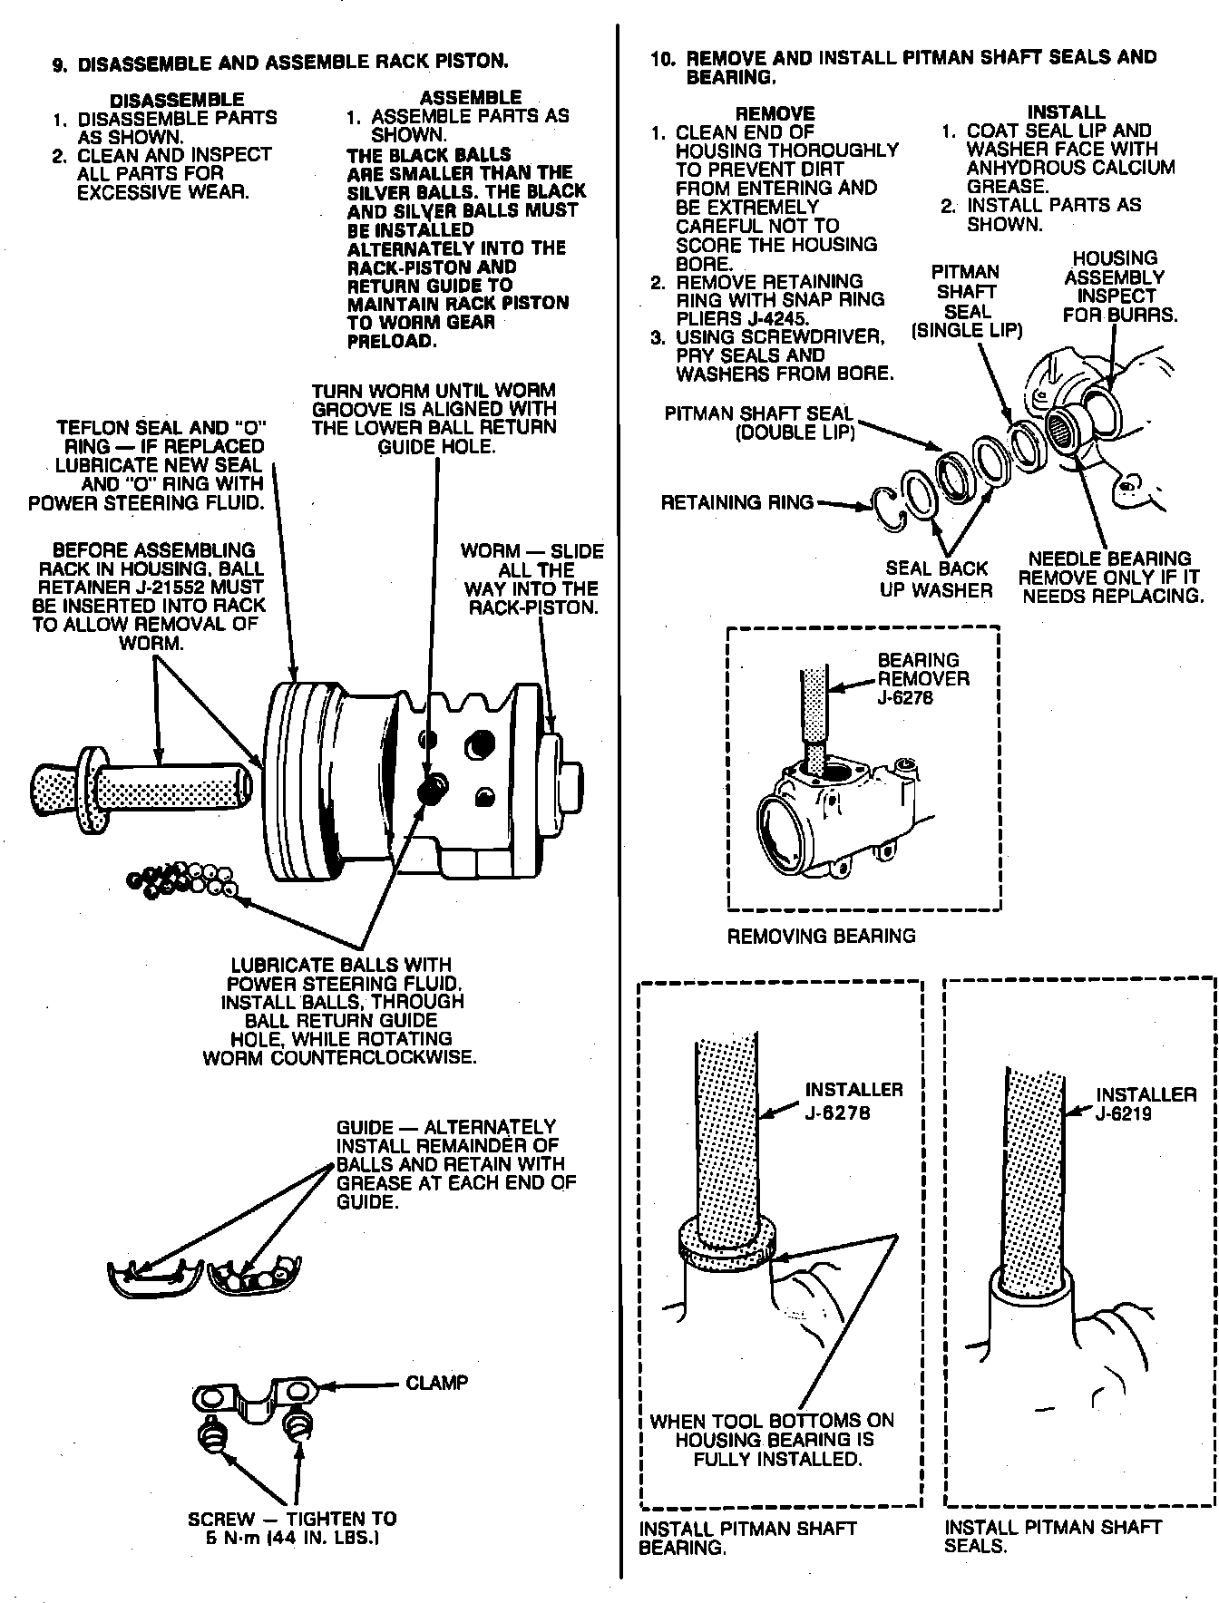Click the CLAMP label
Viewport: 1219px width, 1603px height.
437,1383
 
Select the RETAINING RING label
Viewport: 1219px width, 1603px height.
736,502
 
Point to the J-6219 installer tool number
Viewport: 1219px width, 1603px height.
1124,1113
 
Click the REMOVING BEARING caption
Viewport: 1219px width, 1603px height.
821,936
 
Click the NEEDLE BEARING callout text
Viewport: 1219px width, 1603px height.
1110,559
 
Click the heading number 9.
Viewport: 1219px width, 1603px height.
59,63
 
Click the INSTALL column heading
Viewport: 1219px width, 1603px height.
1066,112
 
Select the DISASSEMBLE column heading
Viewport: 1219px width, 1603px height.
176,100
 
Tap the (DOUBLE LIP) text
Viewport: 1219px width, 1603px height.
795,433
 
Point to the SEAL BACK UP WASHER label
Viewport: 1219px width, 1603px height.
936,579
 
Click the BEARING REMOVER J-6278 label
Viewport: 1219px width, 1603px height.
922,678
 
